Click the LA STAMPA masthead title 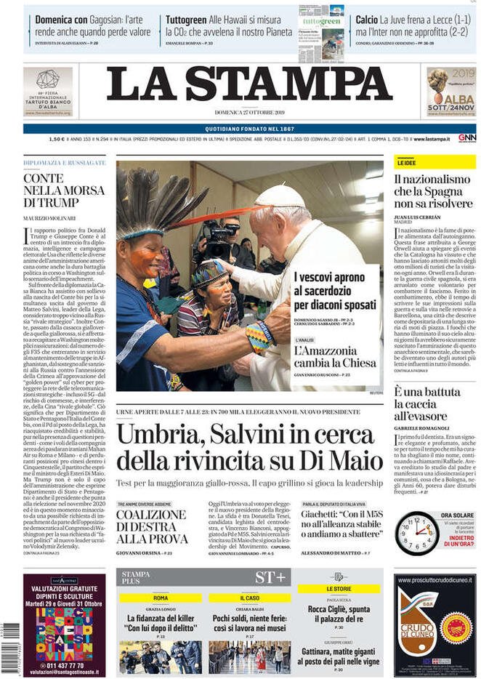point(249,84)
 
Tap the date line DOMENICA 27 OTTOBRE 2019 point(249,113)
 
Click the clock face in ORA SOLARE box point(418,534)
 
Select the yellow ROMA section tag point(161,598)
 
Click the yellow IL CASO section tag point(249,598)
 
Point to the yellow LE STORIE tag point(339,588)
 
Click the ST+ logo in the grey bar point(270,577)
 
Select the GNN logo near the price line point(466,138)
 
